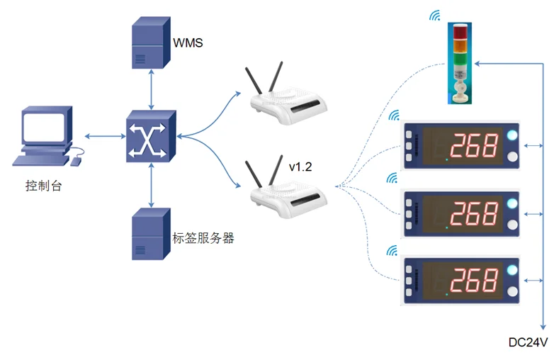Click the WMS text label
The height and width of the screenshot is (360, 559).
tap(188, 43)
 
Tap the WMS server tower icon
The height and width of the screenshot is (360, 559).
tap(151, 43)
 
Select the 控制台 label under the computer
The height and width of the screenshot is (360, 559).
tap(43, 186)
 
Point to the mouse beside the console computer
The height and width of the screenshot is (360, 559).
tap(76, 162)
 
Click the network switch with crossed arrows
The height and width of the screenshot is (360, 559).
tap(151, 136)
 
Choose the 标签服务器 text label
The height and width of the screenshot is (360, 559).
tap(203, 238)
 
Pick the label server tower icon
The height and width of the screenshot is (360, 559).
tap(151, 234)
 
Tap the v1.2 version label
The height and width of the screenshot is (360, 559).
tap(300, 167)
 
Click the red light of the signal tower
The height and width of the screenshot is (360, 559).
tap(460, 31)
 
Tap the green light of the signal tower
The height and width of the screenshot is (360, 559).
tap(460, 58)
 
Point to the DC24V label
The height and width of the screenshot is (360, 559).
tap(528, 342)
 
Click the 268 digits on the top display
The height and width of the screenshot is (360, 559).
tap(474, 145)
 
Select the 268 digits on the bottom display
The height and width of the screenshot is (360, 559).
tap(474, 280)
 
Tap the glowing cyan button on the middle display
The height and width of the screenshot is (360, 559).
tap(512, 203)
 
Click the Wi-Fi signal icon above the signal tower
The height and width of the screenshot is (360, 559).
tap(435, 16)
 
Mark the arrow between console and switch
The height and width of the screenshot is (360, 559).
tap(106, 136)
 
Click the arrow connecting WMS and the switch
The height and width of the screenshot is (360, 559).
tap(152, 89)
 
